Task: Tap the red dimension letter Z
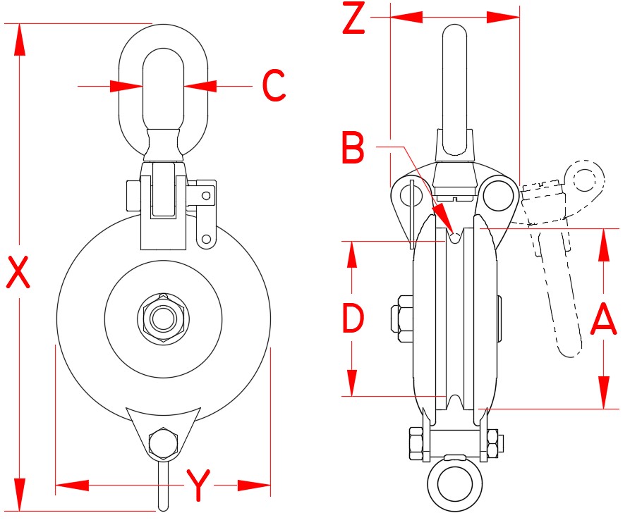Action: [353, 20]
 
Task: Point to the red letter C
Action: [274, 86]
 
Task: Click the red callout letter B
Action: [353, 149]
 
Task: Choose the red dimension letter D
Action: [353, 318]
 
